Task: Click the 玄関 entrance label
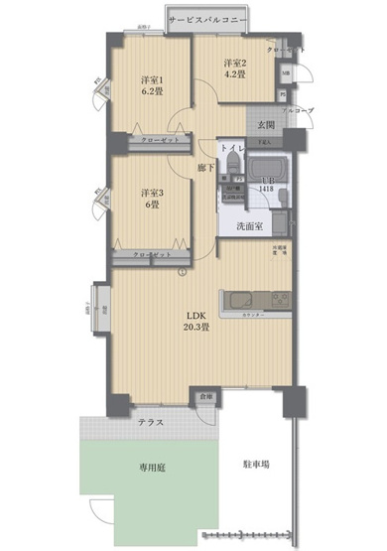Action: pyautogui.click(x=266, y=125)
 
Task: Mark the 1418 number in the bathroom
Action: pyautogui.click(x=267, y=189)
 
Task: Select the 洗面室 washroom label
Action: pyautogui.click(x=249, y=227)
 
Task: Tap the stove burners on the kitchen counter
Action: pyautogui.click(x=275, y=299)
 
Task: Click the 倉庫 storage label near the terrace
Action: pyautogui.click(x=205, y=396)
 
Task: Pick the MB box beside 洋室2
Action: pyautogui.click(x=286, y=73)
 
